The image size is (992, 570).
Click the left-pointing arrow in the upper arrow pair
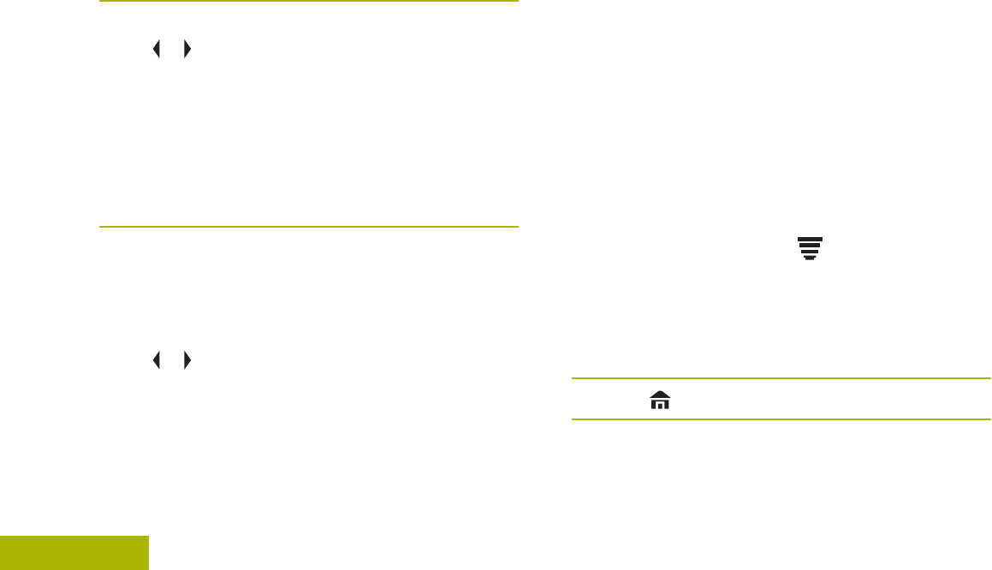157,50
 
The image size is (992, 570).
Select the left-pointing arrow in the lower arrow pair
157,361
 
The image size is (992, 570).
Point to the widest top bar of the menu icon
810,240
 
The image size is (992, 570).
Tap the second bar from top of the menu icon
810,246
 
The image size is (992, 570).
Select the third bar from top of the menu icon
810,252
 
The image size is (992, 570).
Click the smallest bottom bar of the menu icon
810,257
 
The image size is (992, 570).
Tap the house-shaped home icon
660,399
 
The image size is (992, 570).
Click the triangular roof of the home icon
660,394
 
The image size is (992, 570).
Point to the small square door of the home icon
660,405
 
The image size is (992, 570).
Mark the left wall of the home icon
654,403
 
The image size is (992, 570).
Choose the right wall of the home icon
666,403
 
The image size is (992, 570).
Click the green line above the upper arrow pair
308,2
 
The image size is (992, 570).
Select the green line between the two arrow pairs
308,227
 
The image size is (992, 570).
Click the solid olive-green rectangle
74,553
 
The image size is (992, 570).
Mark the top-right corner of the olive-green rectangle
147,537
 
